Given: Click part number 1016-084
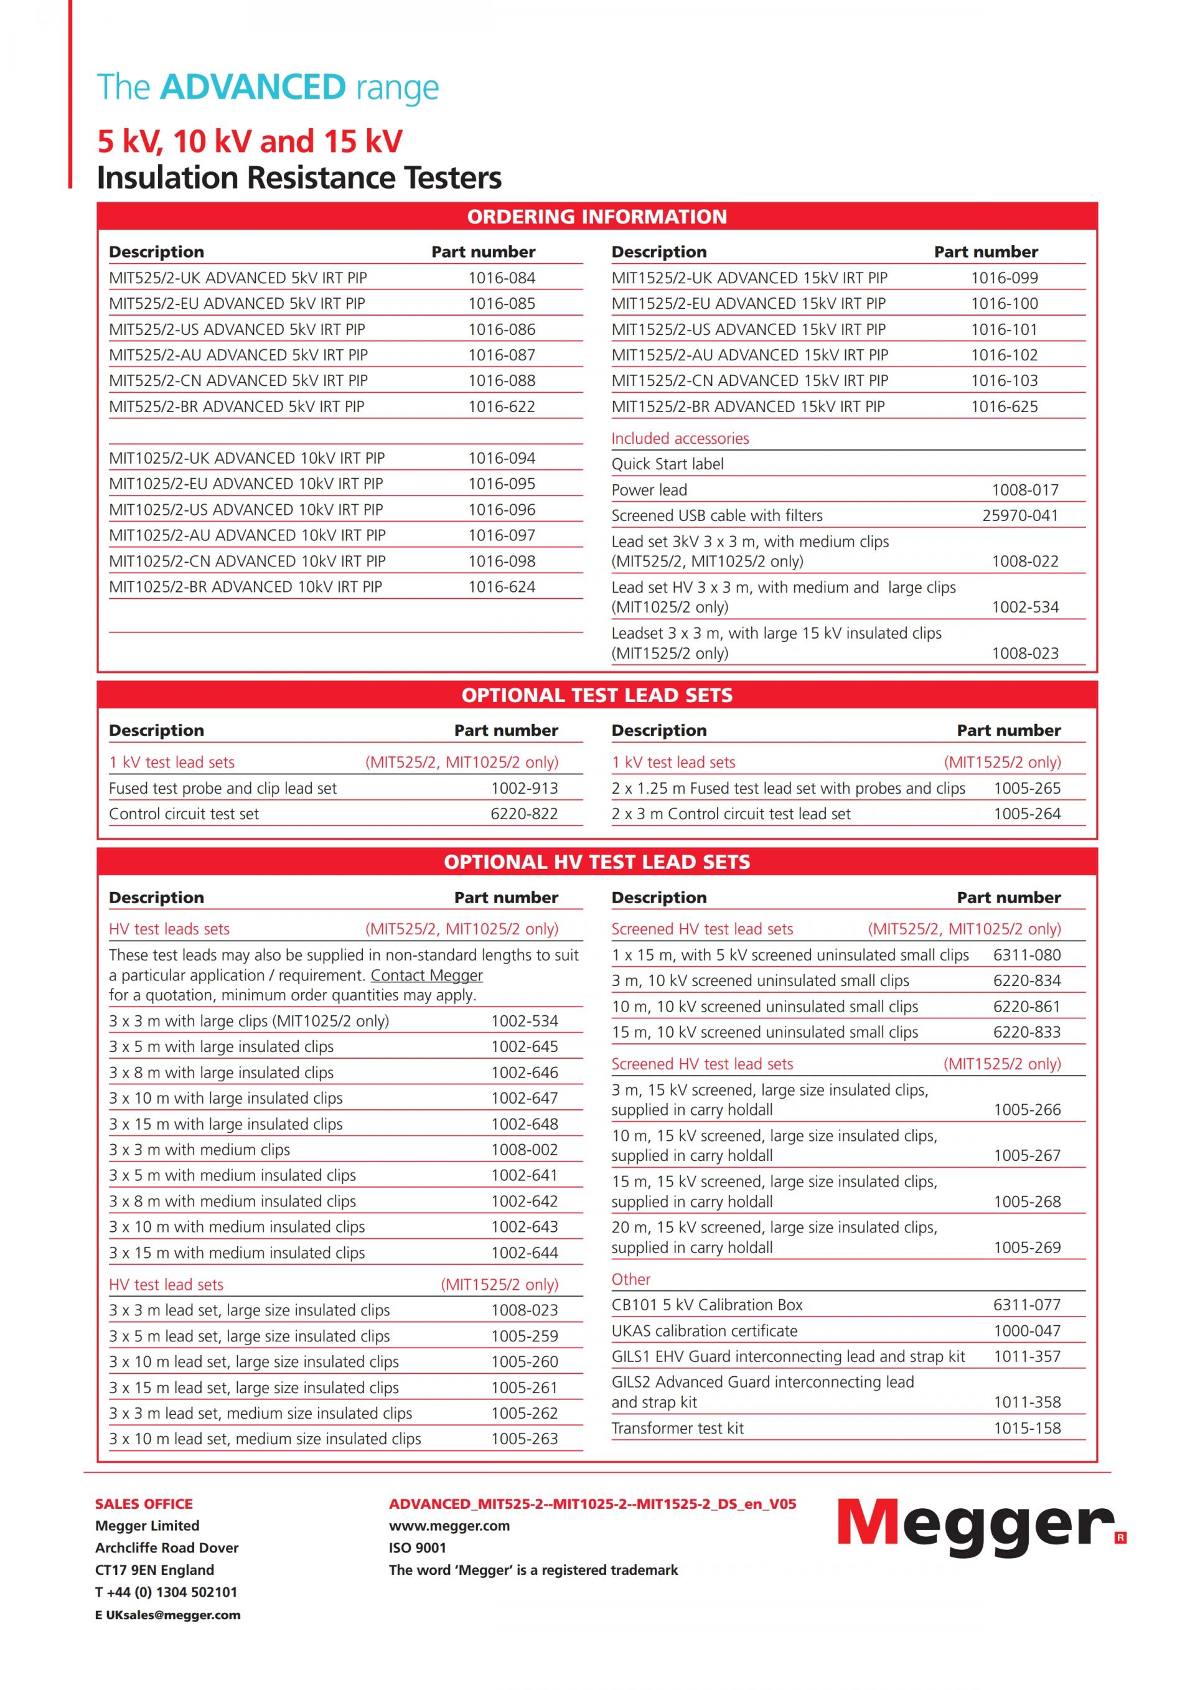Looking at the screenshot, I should pyautogui.click(x=501, y=278).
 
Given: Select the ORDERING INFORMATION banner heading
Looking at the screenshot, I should pyautogui.click(x=597, y=217).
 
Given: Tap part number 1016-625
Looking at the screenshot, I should pyautogui.click(x=1004, y=406).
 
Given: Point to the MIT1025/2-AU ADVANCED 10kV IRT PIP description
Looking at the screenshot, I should pyautogui.click(x=247, y=535).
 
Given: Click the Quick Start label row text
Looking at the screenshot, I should pyautogui.click(x=667, y=464).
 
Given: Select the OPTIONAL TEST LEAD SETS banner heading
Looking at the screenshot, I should pyautogui.click(x=597, y=695).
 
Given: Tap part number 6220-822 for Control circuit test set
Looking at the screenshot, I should pyautogui.click(x=524, y=814).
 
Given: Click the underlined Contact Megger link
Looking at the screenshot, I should pyautogui.click(x=426, y=975).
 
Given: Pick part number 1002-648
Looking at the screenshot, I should pyautogui.click(x=524, y=1124).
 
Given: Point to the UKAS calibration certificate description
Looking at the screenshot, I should pyautogui.click(x=704, y=1331).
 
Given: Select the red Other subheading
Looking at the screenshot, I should pyautogui.click(x=630, y=1279).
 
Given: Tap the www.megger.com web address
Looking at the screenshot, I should pyautogui.click(x=449, y=1526).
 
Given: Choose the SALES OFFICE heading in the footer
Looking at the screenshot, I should pyautogui.click(x=144, y=1504).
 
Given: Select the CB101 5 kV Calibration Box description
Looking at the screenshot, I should pyautogui.click(x=706, y=1305).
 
